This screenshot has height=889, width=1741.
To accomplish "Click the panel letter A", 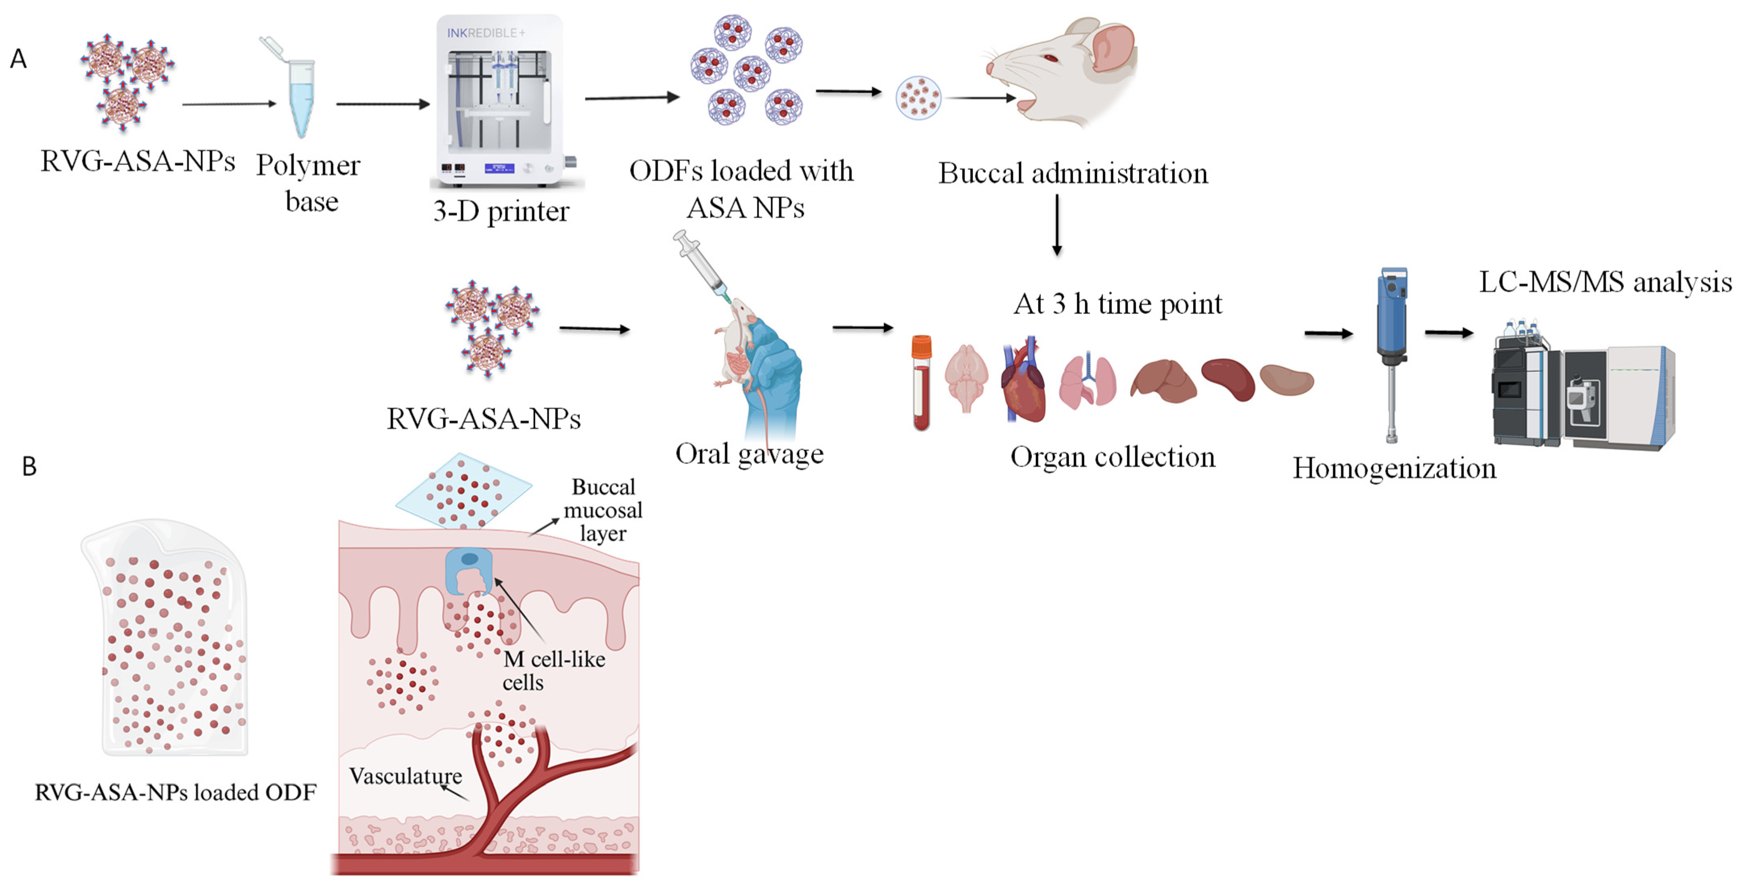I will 18,59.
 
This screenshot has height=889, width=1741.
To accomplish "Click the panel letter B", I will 29,466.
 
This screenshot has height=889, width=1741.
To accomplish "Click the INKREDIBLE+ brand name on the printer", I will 485,32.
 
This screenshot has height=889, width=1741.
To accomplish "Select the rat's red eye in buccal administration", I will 1049,58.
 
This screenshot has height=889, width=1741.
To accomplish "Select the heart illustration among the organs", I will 1024,382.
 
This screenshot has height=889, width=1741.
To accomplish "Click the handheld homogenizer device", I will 1392,351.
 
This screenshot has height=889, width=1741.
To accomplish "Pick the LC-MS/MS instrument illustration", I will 1582,388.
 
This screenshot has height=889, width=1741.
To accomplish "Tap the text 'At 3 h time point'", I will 1117,304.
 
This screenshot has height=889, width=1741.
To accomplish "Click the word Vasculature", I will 406,776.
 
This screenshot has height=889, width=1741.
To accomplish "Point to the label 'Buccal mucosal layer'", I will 603,510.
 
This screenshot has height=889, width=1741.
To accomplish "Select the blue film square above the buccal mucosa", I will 464,490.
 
